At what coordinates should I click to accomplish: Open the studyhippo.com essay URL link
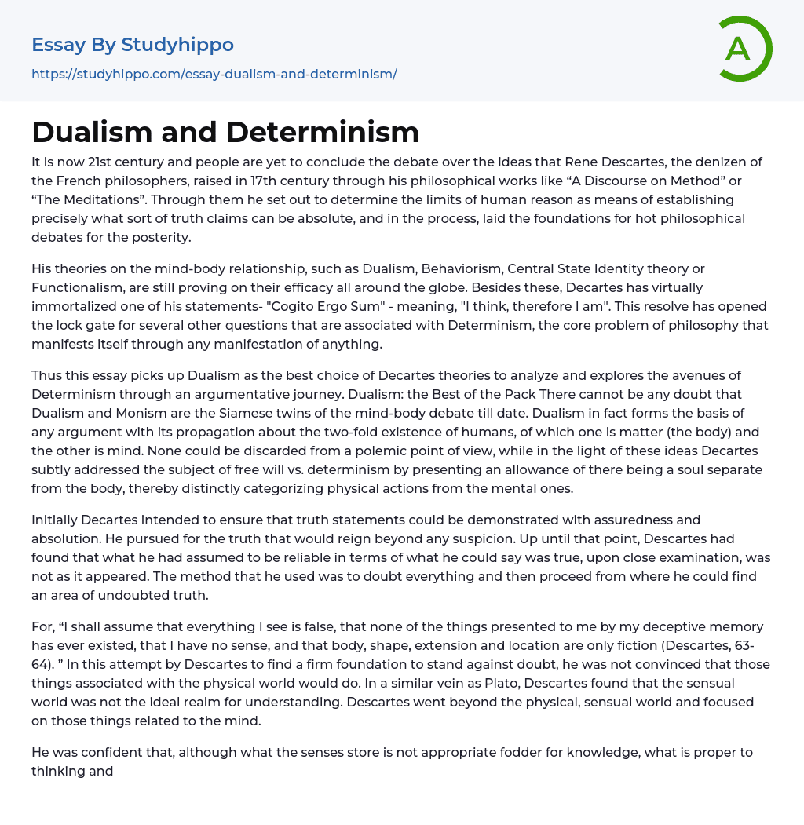[x=214, y=74]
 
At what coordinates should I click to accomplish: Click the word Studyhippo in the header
[x=177, y=45]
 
